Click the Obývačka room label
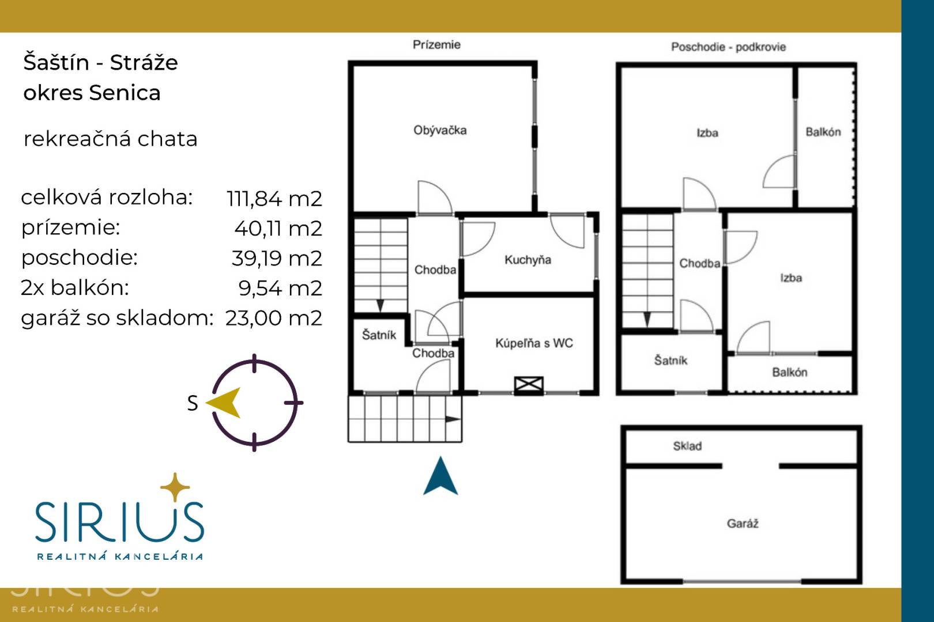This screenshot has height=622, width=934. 440,130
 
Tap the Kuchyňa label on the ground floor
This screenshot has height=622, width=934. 528,260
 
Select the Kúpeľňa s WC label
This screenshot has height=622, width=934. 534,343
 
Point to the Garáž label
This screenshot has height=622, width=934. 742,524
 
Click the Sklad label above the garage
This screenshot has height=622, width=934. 687,446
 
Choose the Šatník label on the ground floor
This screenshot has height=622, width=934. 379,335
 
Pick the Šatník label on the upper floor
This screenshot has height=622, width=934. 671,360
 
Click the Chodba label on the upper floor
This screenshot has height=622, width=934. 700,263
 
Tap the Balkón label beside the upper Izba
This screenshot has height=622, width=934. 823,132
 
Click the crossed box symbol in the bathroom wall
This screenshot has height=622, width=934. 529,385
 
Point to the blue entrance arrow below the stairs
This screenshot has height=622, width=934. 440,476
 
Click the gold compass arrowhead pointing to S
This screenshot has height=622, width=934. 224,403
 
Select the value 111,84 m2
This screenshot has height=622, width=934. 274,198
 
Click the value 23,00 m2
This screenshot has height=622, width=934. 273,318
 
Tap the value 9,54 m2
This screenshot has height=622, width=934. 280,289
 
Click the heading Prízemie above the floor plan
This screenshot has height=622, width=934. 436,44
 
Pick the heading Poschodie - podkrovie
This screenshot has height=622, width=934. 728,47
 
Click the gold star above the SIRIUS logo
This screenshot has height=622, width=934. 175,487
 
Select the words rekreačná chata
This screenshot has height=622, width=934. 111,139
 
